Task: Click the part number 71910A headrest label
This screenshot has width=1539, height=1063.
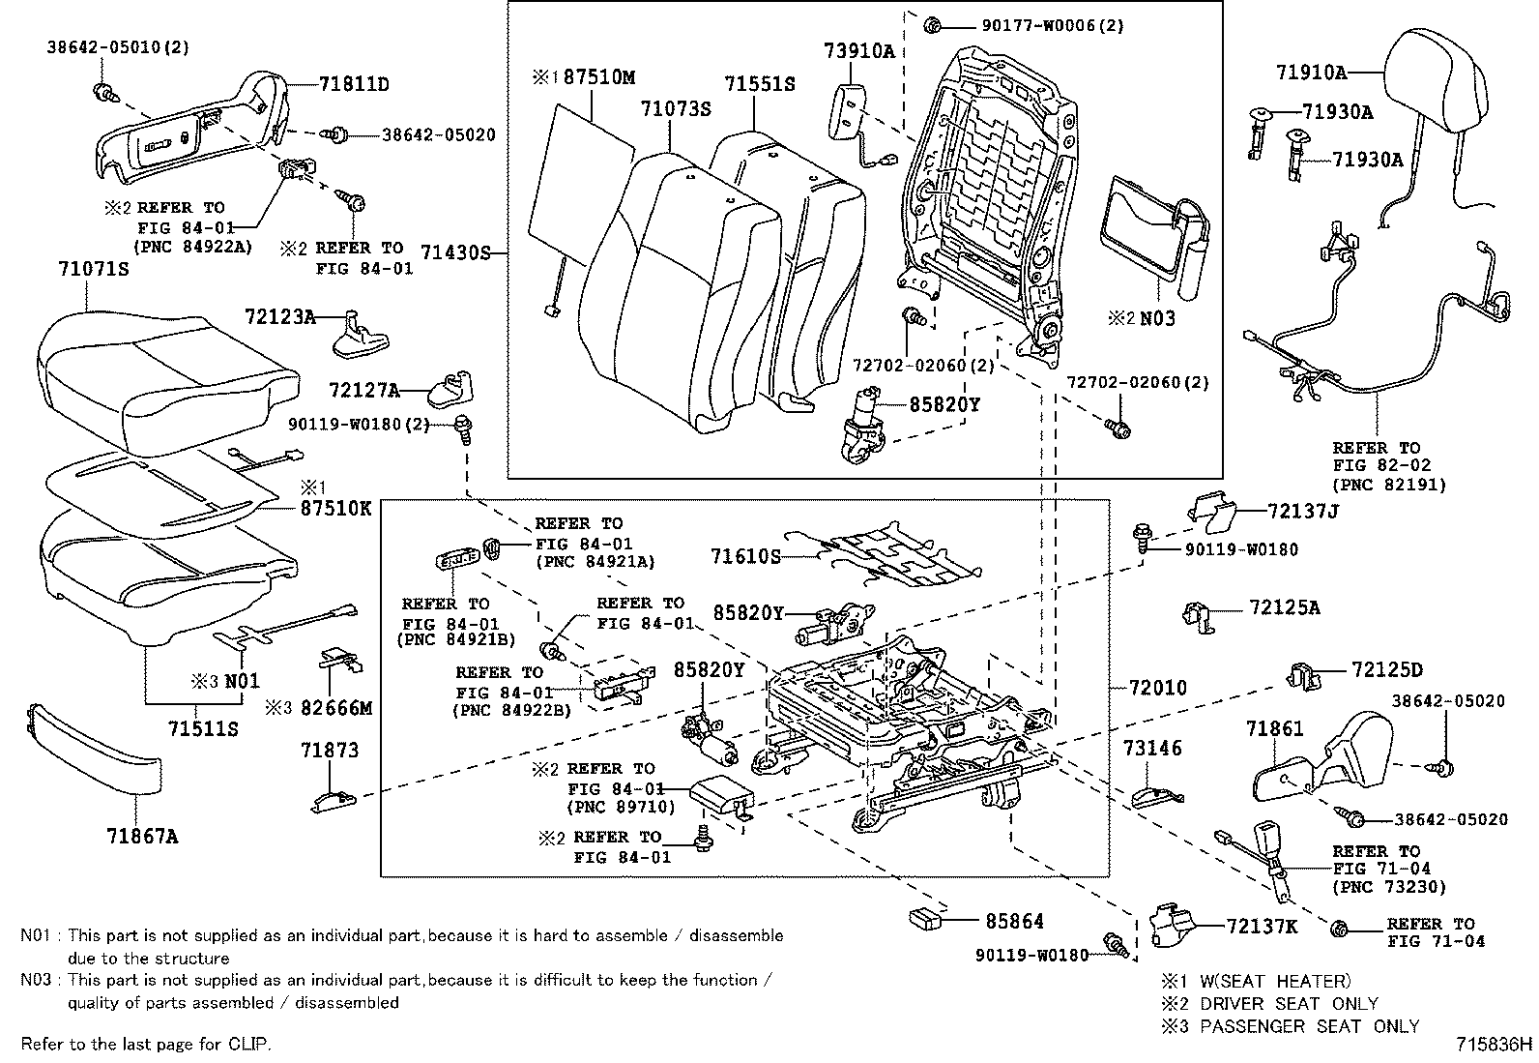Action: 1311,72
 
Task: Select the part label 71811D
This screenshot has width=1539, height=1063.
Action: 354,84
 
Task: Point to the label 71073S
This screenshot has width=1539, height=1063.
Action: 675,109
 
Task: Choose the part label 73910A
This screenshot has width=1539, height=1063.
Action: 859,51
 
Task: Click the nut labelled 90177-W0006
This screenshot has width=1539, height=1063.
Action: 933,25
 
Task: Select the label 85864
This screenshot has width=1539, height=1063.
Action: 1014,921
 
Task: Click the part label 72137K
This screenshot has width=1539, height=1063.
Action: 1262,927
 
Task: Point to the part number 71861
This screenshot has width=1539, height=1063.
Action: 1275,728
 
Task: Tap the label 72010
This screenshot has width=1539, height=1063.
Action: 1158,688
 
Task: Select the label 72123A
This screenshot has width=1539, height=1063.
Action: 280,315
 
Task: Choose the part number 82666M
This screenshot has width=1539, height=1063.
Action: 335,708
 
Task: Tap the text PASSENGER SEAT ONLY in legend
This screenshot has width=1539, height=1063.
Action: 1309,1026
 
